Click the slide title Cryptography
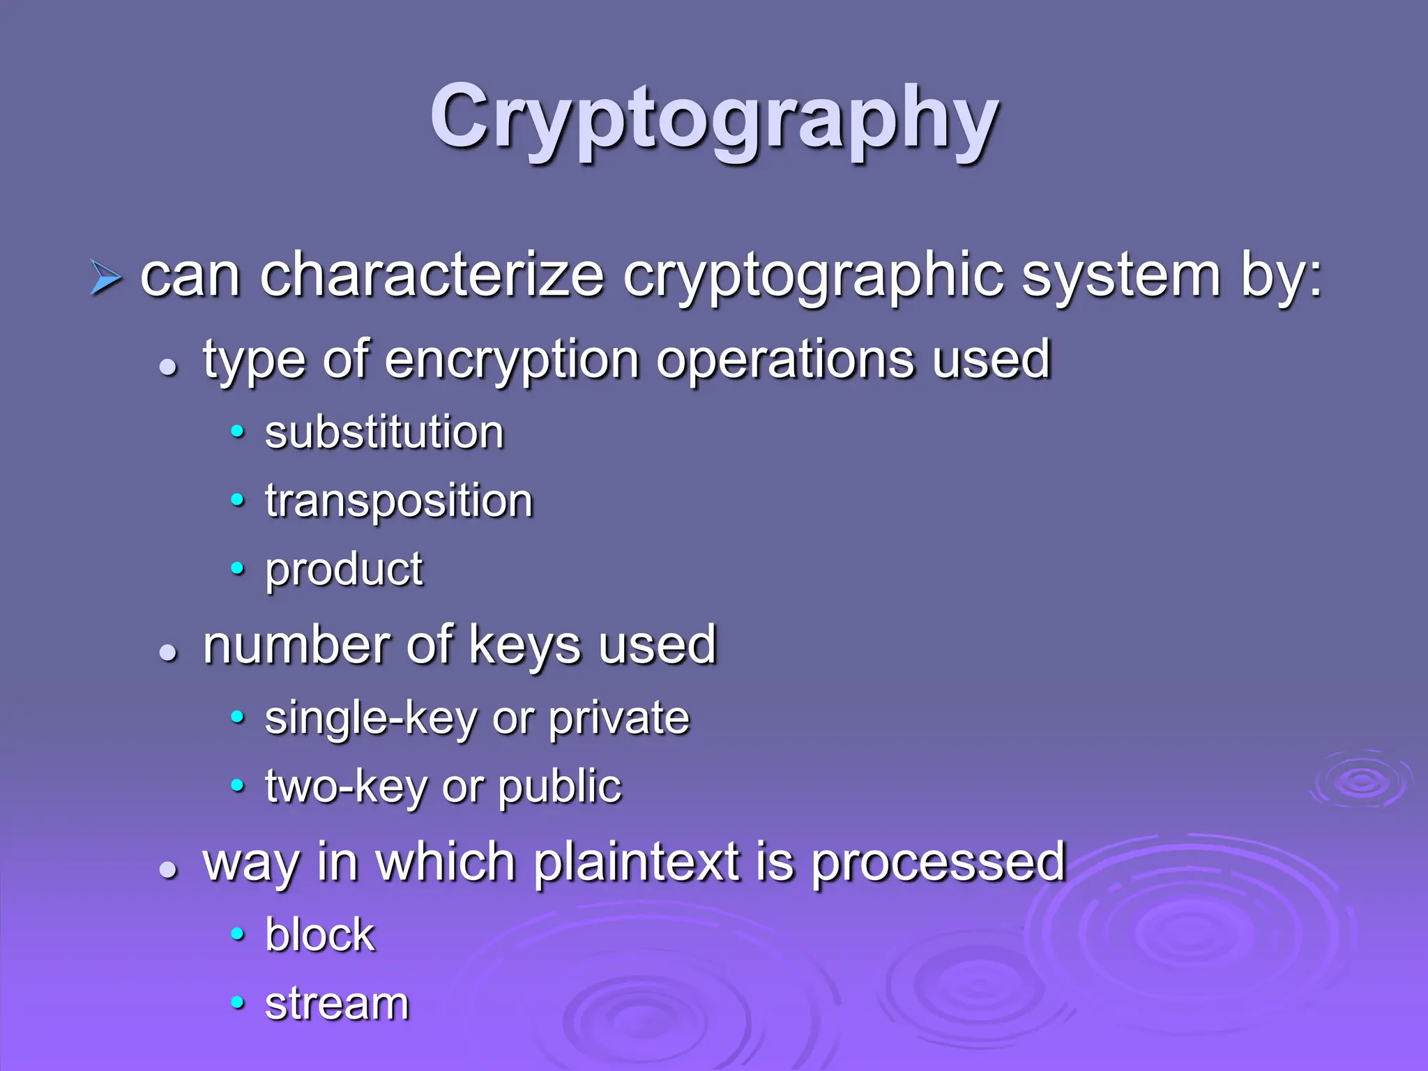click(714, 119)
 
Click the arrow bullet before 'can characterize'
click(105, 280)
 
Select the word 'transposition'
click(399, 501)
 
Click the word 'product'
click(344, 570)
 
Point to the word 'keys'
click(524, 646)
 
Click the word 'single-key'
click(370, 719)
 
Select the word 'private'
click(618, 719)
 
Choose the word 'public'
click(559, 788)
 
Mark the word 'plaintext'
click(637, 863)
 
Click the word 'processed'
click(939, 863)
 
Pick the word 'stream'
click(337, 1004)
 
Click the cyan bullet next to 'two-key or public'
click(238, 786)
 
